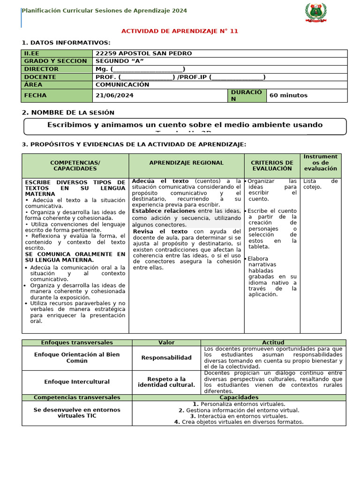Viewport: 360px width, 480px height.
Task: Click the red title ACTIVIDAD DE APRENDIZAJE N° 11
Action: click(x=180, y=31)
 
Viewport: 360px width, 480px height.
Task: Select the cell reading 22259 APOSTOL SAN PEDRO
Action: click(x=143, y=53)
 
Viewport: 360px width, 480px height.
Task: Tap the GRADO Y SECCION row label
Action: click(x=56, y=61)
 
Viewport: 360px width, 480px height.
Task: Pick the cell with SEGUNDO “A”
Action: click(x=120, y=61)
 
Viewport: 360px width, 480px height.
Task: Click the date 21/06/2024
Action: click(x=114, y=95)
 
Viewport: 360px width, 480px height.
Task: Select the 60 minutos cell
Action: click(x=288, y=95)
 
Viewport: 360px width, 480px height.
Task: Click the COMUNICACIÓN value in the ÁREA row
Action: click(x=122, y=85)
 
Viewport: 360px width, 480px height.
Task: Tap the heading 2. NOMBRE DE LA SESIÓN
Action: click(x=68, y=112)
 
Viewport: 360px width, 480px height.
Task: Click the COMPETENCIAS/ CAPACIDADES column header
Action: click(x=75, y=165)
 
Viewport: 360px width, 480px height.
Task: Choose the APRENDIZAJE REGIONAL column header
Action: click(x=186, y=163)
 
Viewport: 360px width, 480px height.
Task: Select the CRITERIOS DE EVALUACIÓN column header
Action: click(x=272, y=165)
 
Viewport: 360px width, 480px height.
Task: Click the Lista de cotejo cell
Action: click(x=320, y=184)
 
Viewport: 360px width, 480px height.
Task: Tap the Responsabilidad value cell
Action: click(x=166, y=358)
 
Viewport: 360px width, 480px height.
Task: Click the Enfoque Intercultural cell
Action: click(x=77, y=382)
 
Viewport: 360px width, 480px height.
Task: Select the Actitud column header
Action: click(x=273, y=343)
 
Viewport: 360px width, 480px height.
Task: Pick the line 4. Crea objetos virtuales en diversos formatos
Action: click(x=239, y=421)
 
